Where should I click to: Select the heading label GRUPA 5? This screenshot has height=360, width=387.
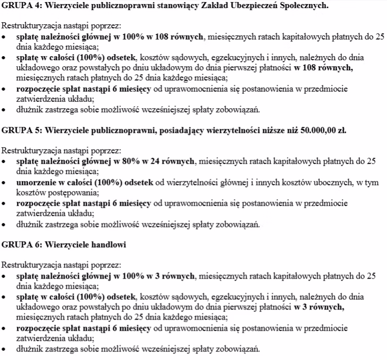point(22,130)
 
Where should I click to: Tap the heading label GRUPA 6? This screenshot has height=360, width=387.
point(22,245)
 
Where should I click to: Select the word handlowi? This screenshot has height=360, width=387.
point(108,245)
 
